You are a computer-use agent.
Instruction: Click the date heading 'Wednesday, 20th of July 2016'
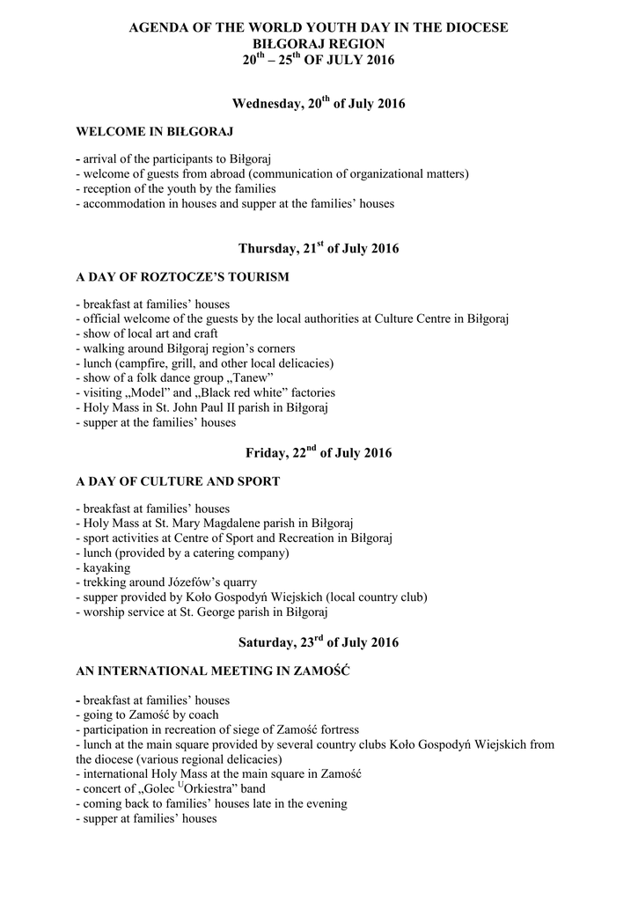[x=319, y=105]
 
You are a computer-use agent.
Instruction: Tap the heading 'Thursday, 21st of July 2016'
[x=319, y=249]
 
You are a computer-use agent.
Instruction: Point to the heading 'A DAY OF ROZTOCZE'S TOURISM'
[x=182, y=276]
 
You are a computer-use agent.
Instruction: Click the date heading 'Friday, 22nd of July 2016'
[x=319, y=453]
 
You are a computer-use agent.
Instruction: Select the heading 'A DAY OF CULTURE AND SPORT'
[x=178, y=481]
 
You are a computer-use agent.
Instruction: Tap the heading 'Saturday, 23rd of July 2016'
[x=319, y=642]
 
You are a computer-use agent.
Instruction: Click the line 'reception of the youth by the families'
[x=176, y=188]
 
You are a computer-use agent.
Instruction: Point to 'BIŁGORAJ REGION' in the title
[x=319, y=43]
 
